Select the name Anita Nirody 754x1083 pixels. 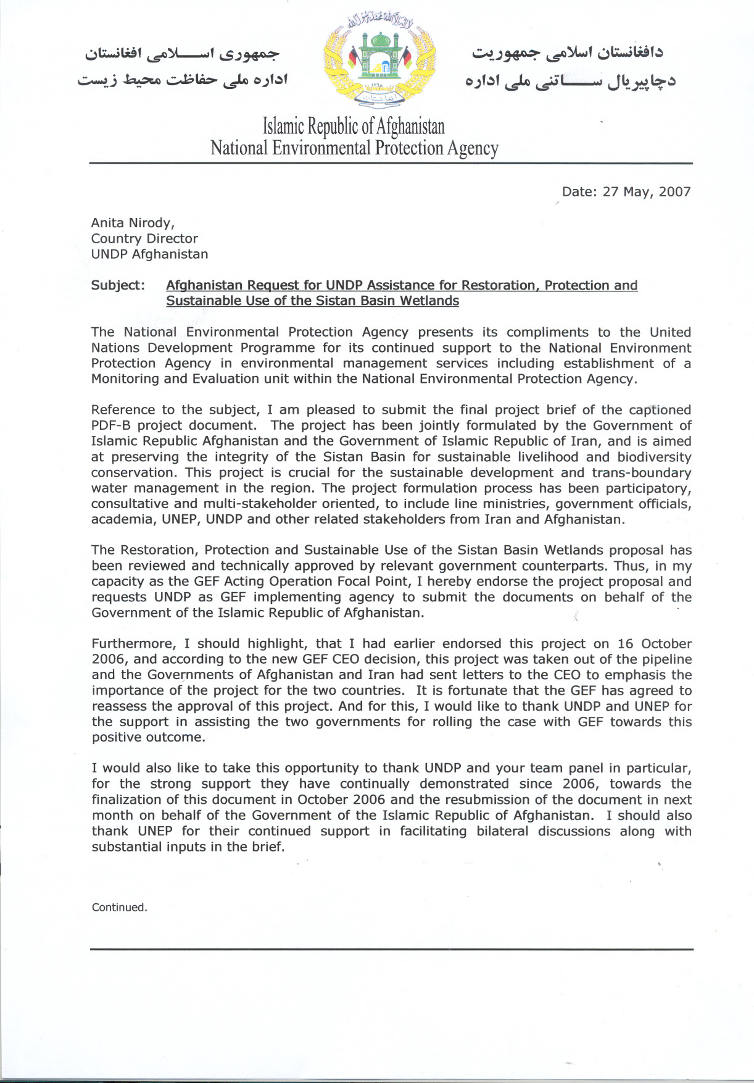click(x=133, y=223)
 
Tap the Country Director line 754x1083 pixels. click(x=144, y=238)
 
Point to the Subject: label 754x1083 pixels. click(x=118, y=285)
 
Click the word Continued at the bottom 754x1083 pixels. click(x=119, y=907)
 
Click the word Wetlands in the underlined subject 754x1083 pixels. click(x=428, y=301)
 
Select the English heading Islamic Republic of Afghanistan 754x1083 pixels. click(x=354, y=127)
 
